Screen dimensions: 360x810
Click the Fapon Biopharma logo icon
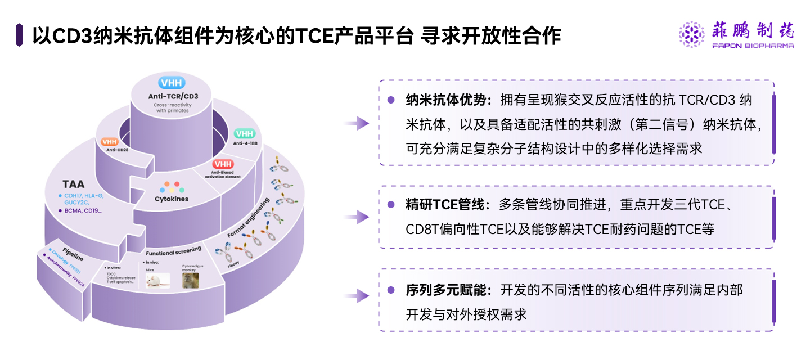691,34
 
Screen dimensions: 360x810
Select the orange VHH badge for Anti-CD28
109,142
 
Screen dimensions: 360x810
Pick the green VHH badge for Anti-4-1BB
244,134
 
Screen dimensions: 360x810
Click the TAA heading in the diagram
74,183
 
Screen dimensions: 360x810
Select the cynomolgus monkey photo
190,280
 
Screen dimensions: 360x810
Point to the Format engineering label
248,217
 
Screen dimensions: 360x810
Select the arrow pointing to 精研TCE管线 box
356,217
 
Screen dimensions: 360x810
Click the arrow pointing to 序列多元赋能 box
356,295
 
